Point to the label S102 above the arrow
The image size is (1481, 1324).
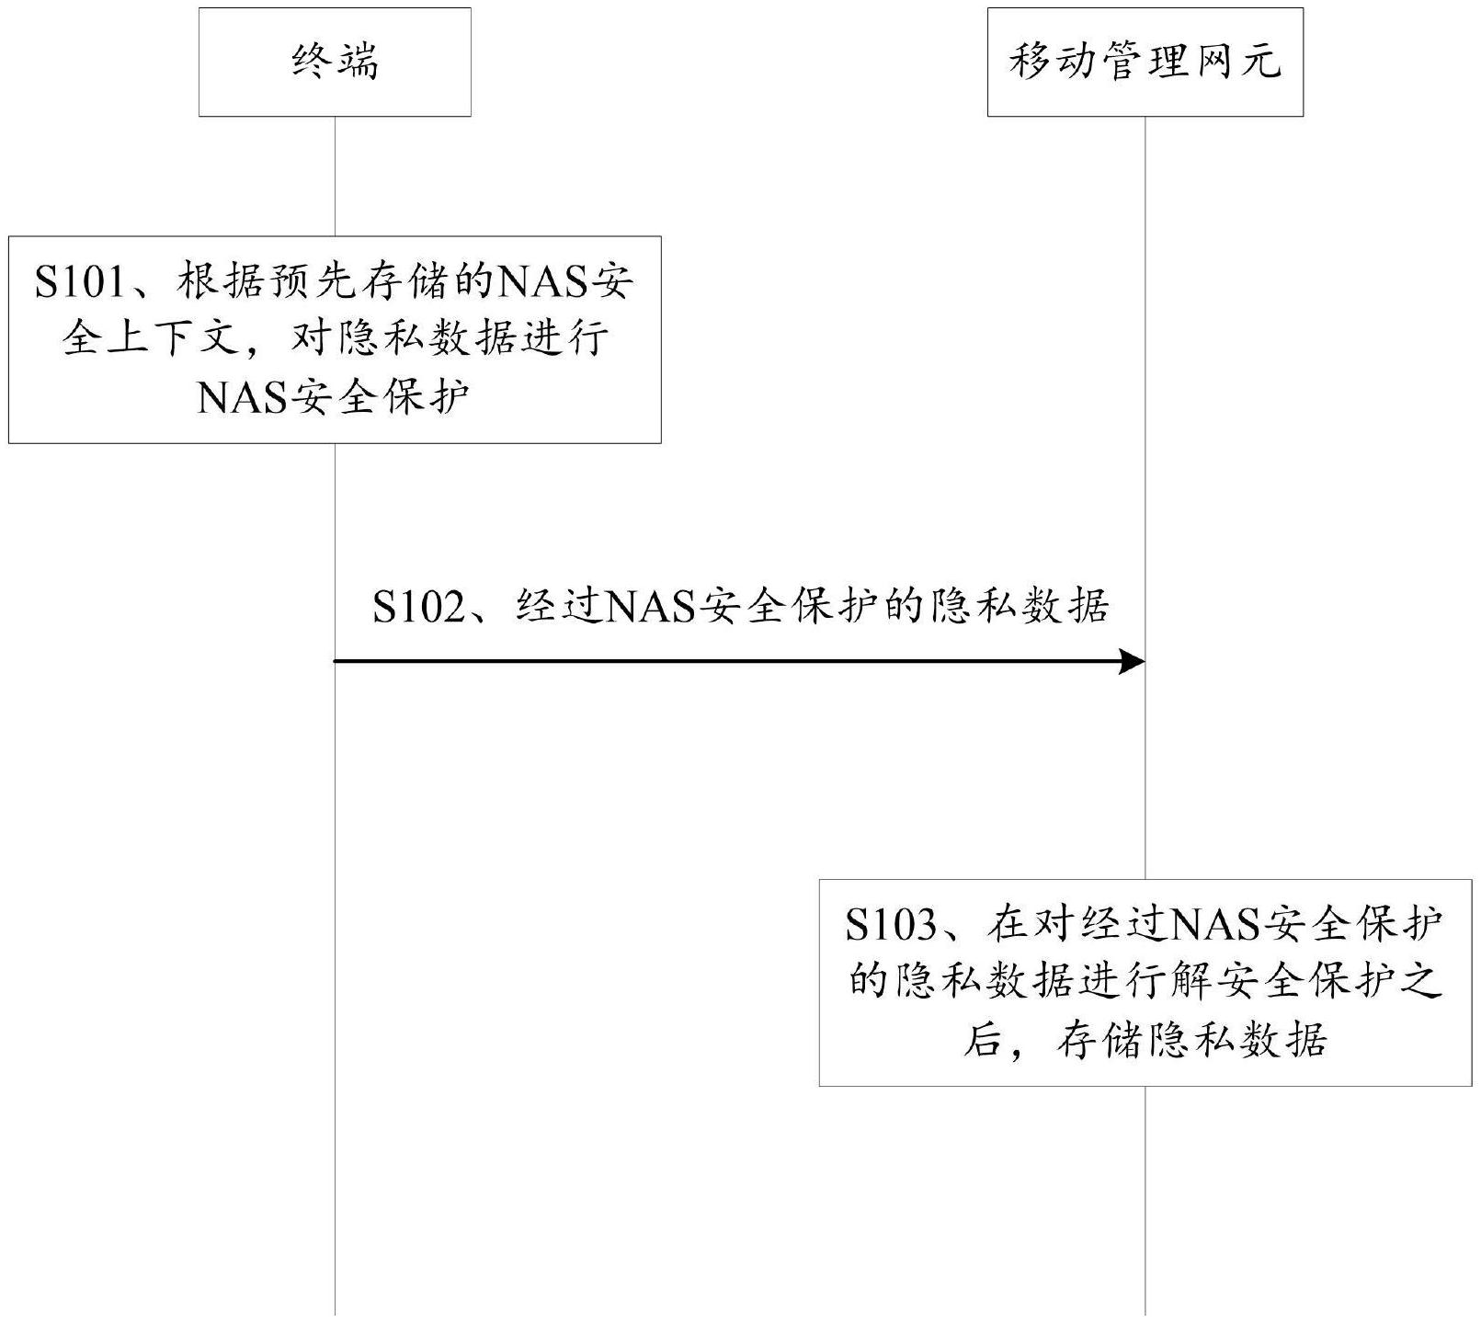pyautogui.click(x=419, y=607)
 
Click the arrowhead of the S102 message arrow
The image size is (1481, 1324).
pyautogui.click(x=1133, y=661)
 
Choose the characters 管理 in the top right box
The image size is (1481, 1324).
pyautogui.click(x=1145, y=63)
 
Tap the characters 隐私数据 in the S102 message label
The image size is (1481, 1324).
pyautogui.click(x=1020, y=607)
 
